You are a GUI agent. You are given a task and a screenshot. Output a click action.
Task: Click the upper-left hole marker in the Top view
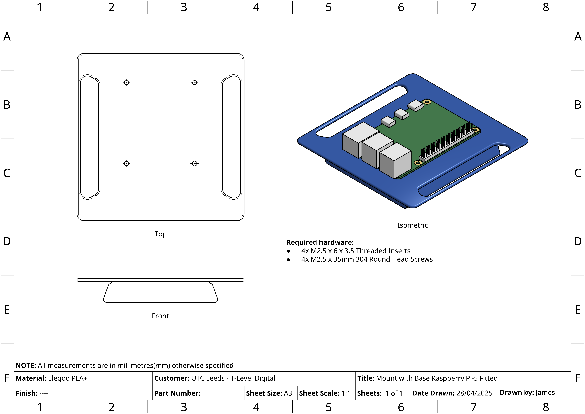pyautogui.click(x=126, y=83)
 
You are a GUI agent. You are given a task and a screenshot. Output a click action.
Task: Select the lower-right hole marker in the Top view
pyautogui.click(x=195, y=163)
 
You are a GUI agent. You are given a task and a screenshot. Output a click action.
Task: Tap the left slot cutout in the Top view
pyautogui.click(x=89, y=137)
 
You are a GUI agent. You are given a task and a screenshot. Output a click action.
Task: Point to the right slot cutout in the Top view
pyautogui.click(x=231, y=137)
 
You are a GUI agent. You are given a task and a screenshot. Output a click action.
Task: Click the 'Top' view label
pyautogui.click(x=160, y=234)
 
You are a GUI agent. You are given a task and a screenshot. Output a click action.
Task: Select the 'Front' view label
pyautogui.click(x=160, y=316)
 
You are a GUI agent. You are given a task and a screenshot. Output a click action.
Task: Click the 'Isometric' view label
pyautogui.click(x=412, y=225)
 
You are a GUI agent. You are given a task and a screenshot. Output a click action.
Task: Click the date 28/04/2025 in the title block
pyautogui.click(x=474, y=393)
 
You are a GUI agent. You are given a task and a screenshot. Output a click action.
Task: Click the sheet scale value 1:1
pyautogui.click(x=346, y=393)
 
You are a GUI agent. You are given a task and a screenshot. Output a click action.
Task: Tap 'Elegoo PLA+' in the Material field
pyautogui.click(x=68, y=378)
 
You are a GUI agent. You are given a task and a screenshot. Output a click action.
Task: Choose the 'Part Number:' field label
pyautogui.click(x=177, y=393)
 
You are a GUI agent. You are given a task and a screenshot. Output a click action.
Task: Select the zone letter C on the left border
pyautogui.click(x=7, y=173)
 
